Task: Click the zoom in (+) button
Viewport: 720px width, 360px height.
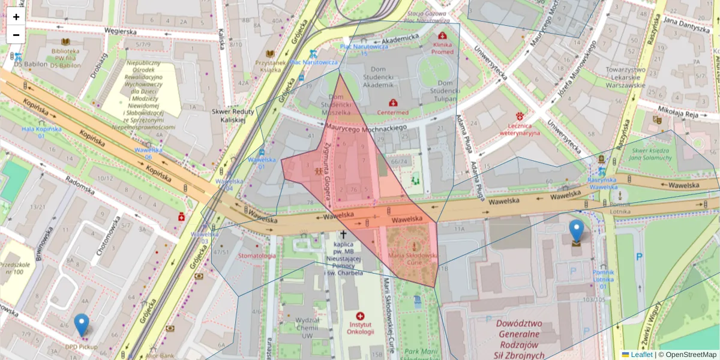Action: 16,17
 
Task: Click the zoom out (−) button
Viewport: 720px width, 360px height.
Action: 16,35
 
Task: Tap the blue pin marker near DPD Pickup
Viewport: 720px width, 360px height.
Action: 82,325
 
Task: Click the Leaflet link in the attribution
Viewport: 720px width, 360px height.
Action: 641,355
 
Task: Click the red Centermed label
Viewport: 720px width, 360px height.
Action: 392,112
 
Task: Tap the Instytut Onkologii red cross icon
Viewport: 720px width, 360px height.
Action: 360,316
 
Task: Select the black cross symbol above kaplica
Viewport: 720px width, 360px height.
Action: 344,235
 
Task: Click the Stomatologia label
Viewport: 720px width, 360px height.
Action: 257,256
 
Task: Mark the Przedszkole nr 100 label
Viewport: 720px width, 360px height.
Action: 14,267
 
